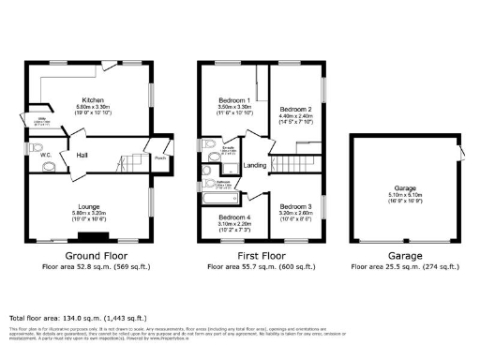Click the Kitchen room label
coord(91,99)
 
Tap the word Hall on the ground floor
coord(82,156)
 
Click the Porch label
coord(161,157)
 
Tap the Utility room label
coord(42,119)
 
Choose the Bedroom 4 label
coord(225,216)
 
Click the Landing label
coord(254,166)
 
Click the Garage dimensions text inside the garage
coord(404,197)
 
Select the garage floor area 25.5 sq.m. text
coord(404,267)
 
